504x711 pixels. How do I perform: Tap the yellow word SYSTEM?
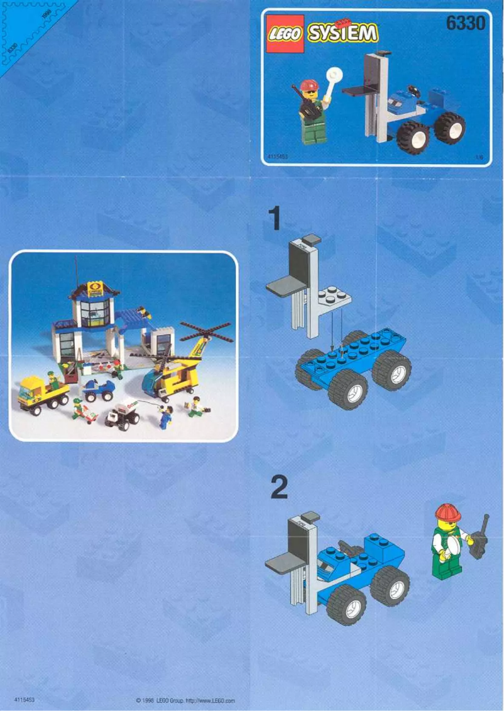[x=343, y=33]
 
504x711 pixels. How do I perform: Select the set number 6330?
[x=465, y=23]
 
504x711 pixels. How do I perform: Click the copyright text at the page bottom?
[x=185, y=700]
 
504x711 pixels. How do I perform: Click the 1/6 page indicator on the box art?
[x=481, y=157]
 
